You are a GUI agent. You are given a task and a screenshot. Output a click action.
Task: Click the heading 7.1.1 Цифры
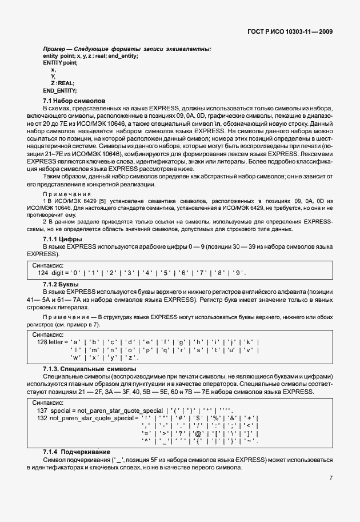pyautogui.click(x=62, y=238)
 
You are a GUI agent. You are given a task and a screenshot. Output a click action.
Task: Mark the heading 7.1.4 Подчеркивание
pyautogui.click(x=78, y=452)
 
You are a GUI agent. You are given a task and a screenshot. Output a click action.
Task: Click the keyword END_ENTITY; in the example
pyautogui.click(x=59, y=90)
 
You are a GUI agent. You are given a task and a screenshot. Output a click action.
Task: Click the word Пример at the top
pyautogui.click(x=54, y=49)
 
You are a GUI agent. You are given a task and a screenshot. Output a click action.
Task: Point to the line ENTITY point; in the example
pyautogui.click(x=60, y=62)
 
